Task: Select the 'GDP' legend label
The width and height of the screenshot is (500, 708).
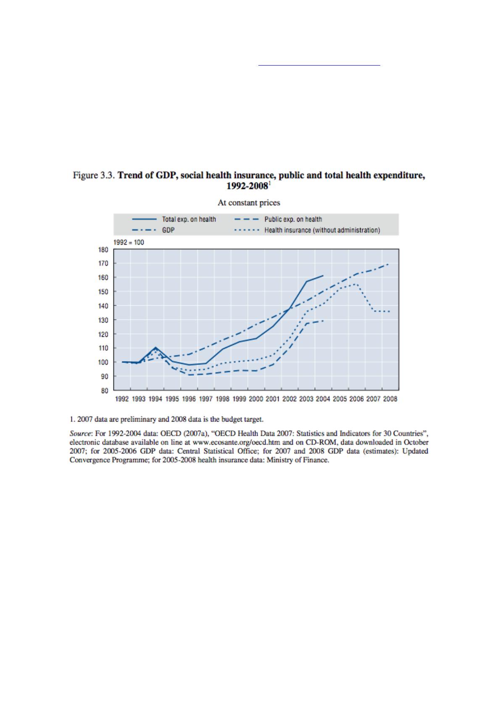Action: click(168, 230)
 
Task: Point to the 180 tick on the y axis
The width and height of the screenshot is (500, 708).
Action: click(103, 249)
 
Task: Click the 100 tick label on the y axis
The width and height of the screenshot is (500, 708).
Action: click(103, 362)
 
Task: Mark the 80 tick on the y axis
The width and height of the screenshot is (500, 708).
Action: click(103, 391)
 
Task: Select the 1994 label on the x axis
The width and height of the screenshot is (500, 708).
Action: click(155, 399)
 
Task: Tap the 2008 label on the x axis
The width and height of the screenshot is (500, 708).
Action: click(390, 399)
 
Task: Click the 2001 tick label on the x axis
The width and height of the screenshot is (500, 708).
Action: click(273, 399)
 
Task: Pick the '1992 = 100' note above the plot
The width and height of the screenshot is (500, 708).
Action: click(129, 242)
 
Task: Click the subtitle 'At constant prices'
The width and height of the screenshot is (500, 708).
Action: click(249, 203)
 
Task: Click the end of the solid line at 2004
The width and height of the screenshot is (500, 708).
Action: click(323, 276)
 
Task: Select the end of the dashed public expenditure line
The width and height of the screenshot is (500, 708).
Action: click(323, 321)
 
